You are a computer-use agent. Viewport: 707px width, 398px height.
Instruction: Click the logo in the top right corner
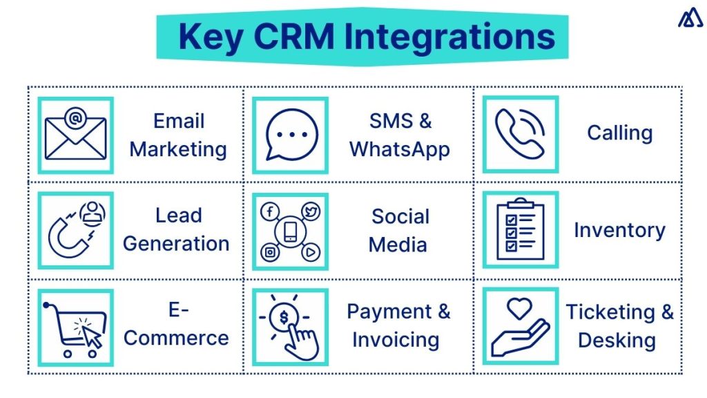690,19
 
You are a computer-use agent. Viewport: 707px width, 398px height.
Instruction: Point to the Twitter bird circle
311,212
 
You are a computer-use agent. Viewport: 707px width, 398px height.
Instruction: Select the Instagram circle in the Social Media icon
269,253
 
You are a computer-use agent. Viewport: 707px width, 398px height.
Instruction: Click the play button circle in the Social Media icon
311,253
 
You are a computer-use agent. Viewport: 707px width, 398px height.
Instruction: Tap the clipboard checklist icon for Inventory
520,231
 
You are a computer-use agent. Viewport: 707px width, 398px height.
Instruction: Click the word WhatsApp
400,149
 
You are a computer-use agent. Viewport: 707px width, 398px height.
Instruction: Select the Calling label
619,133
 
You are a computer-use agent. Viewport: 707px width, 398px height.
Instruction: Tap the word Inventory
619,231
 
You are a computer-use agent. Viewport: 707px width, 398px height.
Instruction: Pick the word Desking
617,340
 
